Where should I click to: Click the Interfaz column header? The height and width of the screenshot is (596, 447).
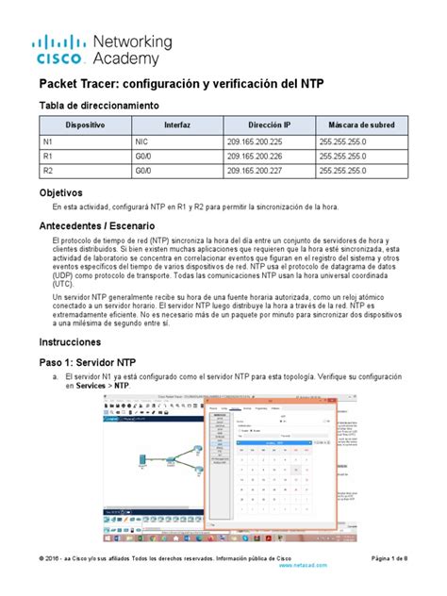[176, 124]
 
